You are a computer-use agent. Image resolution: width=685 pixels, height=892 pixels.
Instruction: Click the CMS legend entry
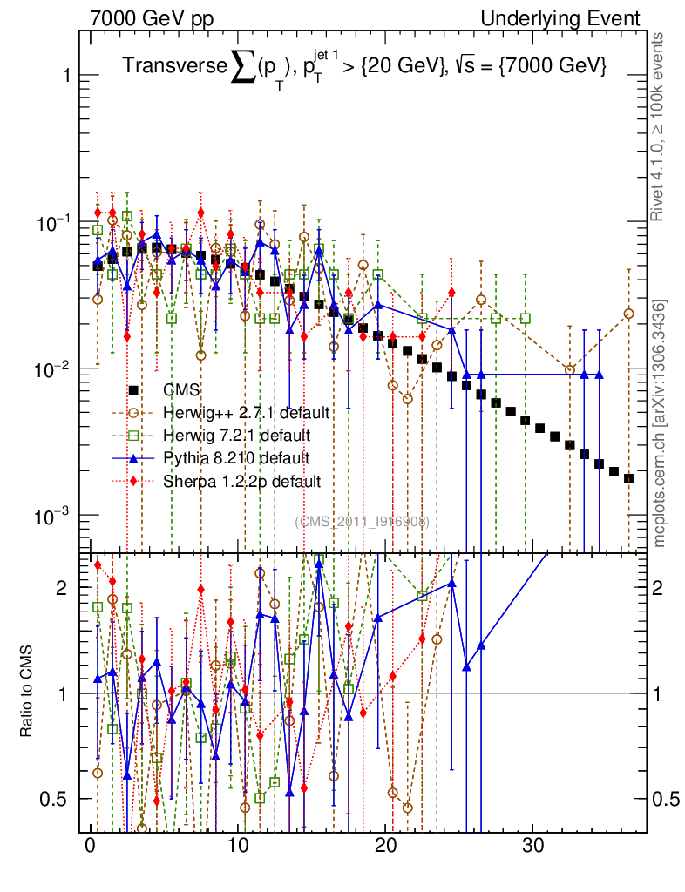[x=187, y=390]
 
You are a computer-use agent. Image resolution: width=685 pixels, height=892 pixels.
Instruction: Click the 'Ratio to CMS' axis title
[x=27, y=693]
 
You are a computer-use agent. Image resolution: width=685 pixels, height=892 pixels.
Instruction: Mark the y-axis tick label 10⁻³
[x=52, y=517]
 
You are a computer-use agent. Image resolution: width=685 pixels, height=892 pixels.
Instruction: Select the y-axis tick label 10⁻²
[x=52, y=369]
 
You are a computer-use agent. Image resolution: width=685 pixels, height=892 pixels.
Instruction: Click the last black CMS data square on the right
[x=628, y=478]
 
